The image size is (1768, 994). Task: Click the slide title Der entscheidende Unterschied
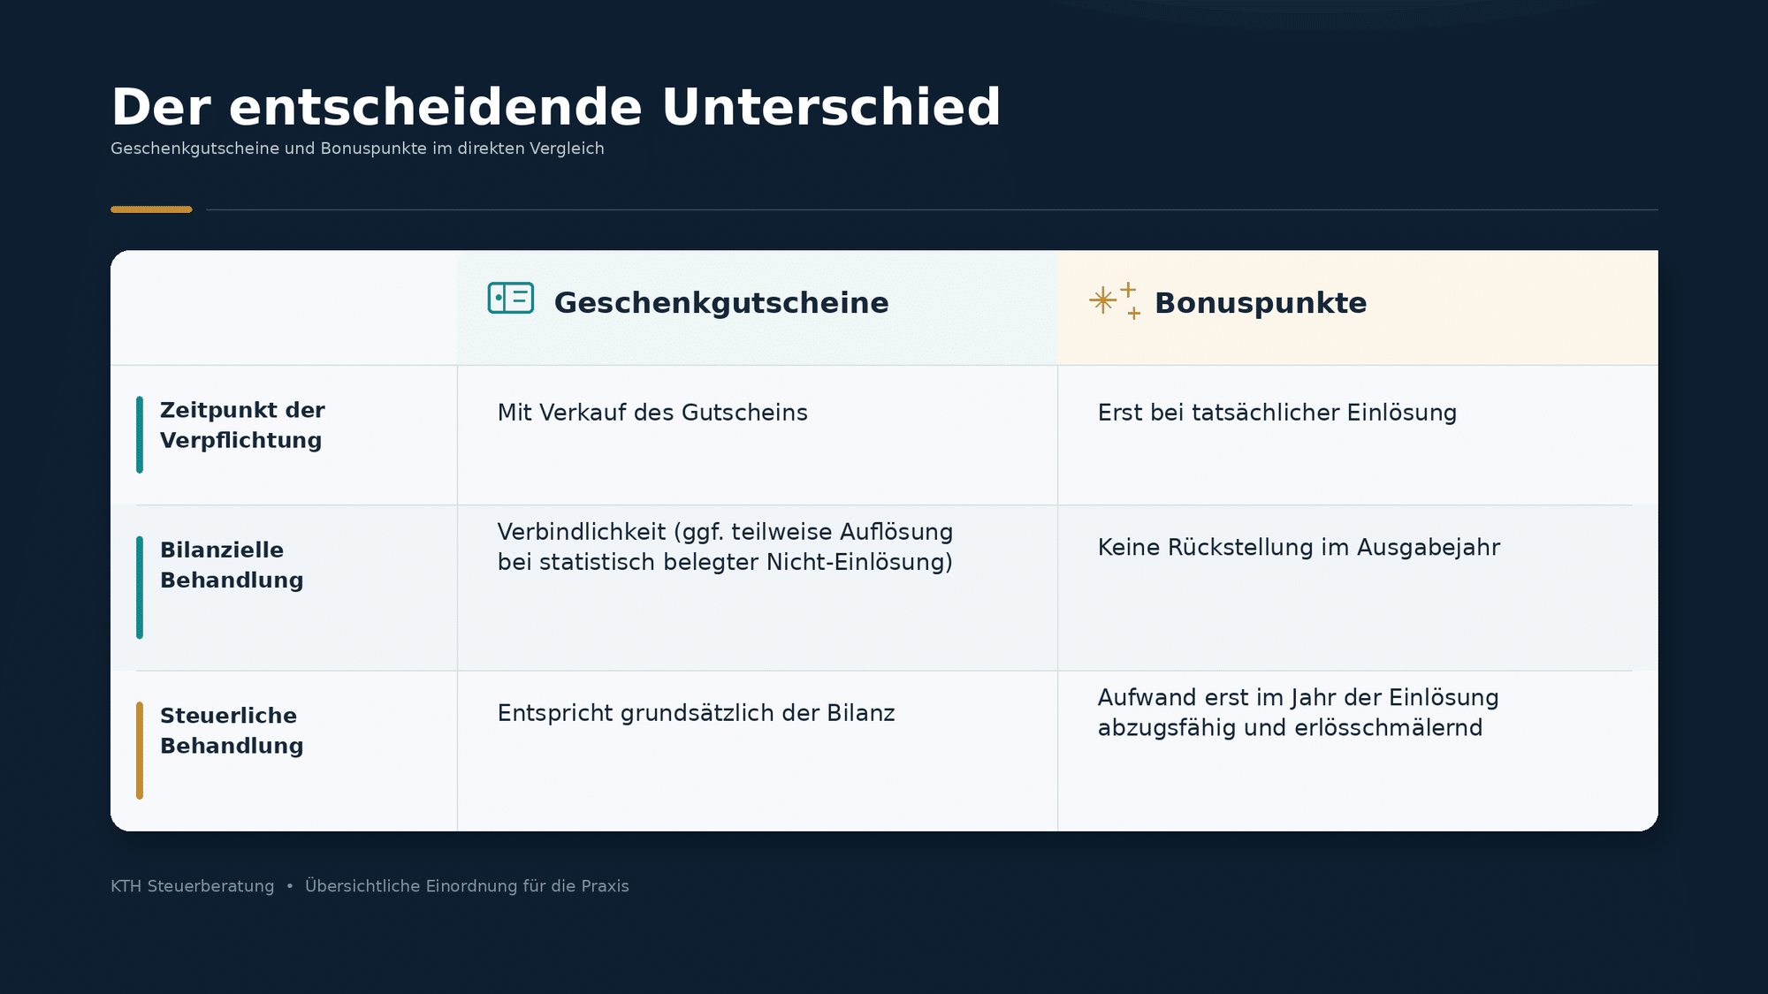coord(555,107)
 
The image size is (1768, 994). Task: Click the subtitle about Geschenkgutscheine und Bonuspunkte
coord(357,148)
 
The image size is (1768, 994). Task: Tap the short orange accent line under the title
coord(151,209)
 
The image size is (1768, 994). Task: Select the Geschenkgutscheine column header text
coord(721,303)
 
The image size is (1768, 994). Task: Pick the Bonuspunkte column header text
coord(1261,303)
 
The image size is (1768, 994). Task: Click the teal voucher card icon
coord(511,298)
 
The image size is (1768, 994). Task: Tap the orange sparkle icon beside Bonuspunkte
coord(1115,300)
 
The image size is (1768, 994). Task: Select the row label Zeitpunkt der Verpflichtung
coord(242,425)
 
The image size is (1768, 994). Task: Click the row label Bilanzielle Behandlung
coord(232,565)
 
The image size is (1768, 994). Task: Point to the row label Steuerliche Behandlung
coord(232,731)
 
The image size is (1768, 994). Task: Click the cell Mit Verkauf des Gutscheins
coord(652,413)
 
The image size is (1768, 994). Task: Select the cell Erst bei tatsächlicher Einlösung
coord(1277,413)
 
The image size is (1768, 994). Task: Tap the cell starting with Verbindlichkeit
coord(725,547)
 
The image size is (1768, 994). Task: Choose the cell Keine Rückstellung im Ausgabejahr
coord(1299,548)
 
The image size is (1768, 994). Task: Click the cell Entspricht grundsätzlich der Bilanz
coord(696,713)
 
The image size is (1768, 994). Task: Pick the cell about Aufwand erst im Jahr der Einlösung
coord(1298,712)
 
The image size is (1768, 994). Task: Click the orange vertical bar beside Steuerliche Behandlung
coord(140,750)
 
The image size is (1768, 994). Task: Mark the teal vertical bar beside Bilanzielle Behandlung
coord(140,588)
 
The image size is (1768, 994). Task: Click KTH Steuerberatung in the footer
coord(192,886)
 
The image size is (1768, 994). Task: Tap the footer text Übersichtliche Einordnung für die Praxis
coord(467,885)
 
